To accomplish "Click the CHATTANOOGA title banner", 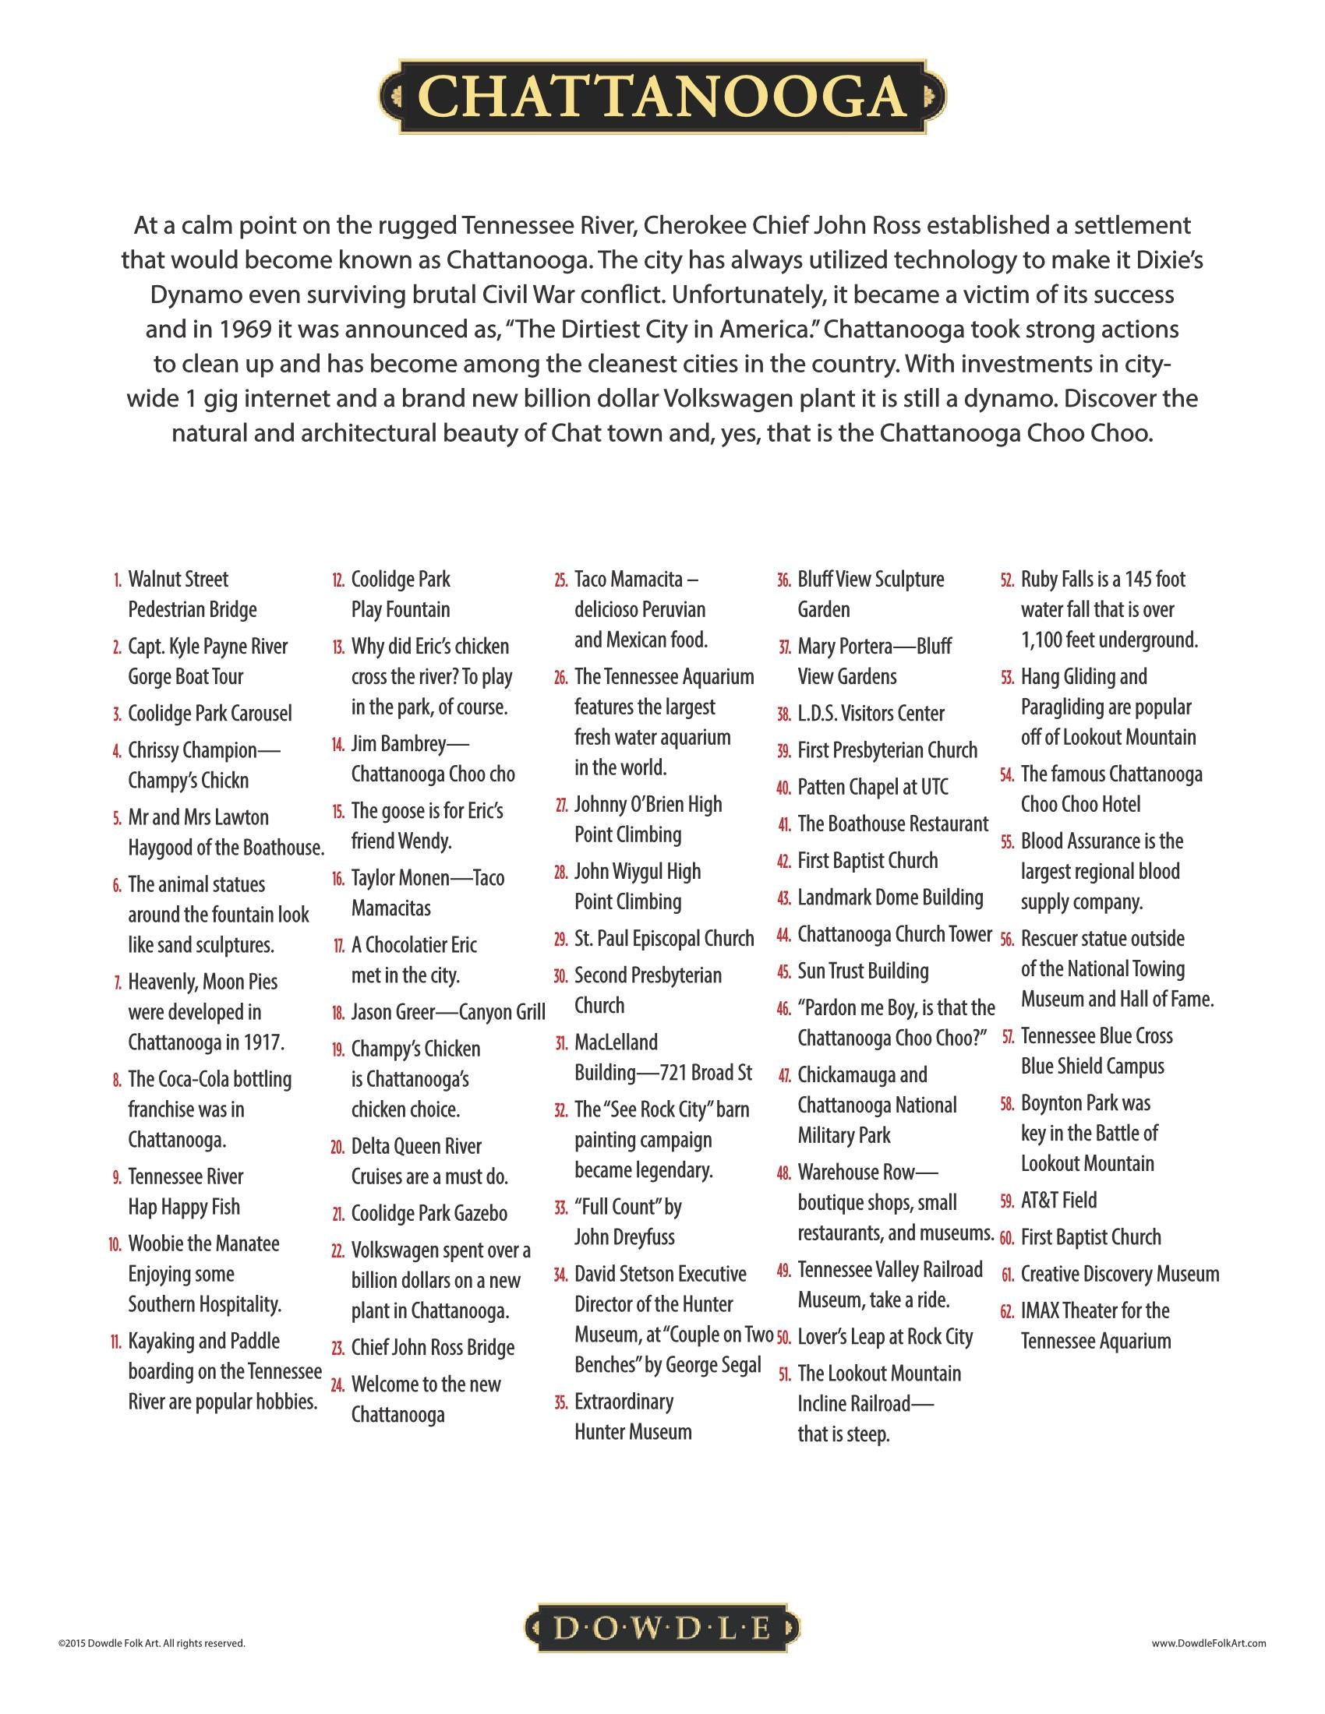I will pos(662,97).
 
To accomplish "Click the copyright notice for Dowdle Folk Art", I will pos(151,1642).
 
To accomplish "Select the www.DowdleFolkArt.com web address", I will pos(1209,1642).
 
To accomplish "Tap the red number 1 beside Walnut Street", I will pos(118,580).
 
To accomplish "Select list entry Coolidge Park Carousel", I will pos(210,714).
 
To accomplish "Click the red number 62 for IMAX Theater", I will pos(1007,1311).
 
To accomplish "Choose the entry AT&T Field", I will pos(1058,1200).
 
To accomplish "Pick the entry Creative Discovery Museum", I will pos(1119,1274).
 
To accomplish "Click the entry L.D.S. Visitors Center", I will pos(871,714).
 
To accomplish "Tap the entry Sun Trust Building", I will pos(863,971).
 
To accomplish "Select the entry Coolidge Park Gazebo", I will pos(429,1213).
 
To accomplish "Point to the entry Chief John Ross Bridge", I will pos(433,1348).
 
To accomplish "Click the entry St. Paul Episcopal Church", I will pos(663,939).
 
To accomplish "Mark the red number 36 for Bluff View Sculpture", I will pos(783,580).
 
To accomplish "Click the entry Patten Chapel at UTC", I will pos(873,786).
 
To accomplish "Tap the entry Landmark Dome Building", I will pos(890,897).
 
